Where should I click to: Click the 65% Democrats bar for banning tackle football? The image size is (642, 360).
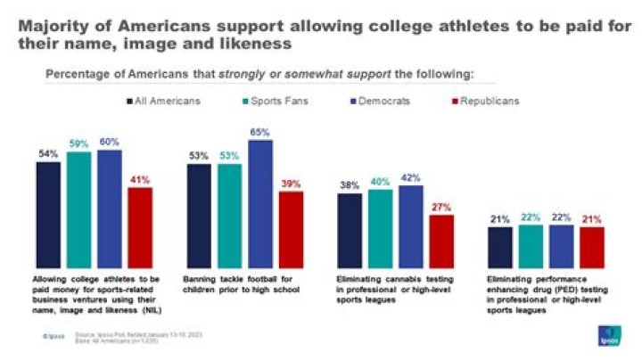pos(260,204)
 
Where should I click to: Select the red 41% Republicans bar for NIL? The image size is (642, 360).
pos(140,227)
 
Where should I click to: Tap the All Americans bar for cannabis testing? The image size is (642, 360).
pos(350,230)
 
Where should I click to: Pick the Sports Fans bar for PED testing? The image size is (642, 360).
pos(531,245)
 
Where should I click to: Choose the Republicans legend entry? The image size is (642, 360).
pos(485,101)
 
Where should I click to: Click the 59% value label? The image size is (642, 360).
pos(78,143)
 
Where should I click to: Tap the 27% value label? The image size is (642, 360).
pos(441,207)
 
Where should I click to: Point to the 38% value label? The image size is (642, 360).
pos(350,187)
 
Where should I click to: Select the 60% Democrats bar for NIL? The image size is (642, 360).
pos(110,209)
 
